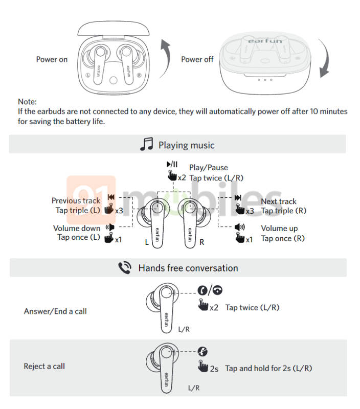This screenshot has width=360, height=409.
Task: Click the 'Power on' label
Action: (52, 59)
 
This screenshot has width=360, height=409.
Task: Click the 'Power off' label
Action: (197, 59)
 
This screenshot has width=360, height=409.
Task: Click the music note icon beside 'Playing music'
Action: (146, 145)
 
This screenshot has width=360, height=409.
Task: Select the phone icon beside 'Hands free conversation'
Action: (125, 268)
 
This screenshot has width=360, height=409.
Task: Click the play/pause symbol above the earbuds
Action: (172, 164)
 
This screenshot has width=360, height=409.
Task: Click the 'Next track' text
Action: (279, 201)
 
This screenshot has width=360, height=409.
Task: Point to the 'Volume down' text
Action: (77, 228)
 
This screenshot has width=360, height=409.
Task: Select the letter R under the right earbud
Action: (201, 242)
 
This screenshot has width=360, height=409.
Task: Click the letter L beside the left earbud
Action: (147, 242)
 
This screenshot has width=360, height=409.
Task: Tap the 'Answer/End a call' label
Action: (55, 311)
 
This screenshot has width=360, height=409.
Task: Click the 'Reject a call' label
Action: (44, 366)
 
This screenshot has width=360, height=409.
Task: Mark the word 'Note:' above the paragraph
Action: (28, 102)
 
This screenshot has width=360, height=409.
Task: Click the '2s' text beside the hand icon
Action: (214, 369)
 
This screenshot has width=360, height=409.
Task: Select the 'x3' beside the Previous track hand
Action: (119, 210)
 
